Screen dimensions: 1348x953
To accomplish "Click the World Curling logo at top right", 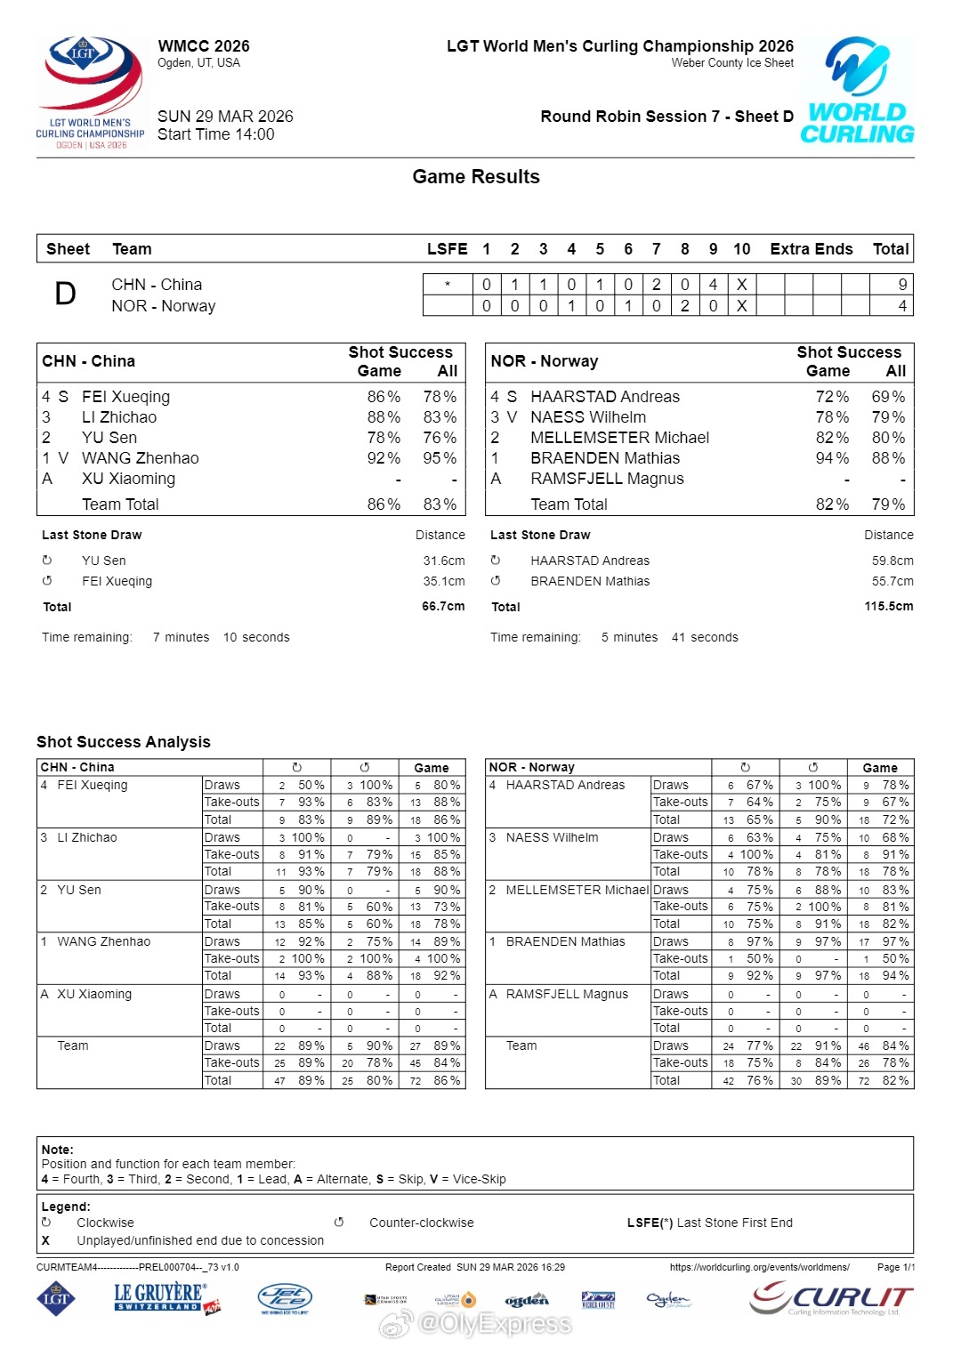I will point(857,91).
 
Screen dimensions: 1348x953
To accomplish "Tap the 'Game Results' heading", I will point(475,177).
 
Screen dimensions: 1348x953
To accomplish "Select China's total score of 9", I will point(902,285).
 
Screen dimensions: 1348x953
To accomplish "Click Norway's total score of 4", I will point(902,306).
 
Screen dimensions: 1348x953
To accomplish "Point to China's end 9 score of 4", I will point(713,285).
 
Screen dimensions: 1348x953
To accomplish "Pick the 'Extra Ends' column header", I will point(811,249).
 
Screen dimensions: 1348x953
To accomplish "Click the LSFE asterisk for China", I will point(447,285).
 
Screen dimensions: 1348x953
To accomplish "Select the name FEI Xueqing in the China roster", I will point(125,397).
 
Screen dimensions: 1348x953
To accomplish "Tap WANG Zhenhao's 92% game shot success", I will point(384,458).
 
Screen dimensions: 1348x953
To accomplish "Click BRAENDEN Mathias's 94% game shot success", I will point(832,458).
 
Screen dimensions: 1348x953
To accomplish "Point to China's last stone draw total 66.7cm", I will point(443,607).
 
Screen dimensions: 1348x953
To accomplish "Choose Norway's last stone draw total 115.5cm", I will point(888,607).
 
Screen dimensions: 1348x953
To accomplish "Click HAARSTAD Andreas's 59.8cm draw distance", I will point(892,561).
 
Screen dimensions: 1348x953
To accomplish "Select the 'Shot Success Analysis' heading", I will point(124,742).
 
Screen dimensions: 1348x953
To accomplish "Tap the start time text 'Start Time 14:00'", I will point(216,134).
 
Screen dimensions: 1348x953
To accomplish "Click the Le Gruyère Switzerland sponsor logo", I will point(166,1298).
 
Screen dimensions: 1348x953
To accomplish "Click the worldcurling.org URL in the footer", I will point(759,1267).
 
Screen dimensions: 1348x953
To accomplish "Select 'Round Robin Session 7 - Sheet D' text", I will point(666,117).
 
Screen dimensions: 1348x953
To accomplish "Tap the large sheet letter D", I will point(66,295).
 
